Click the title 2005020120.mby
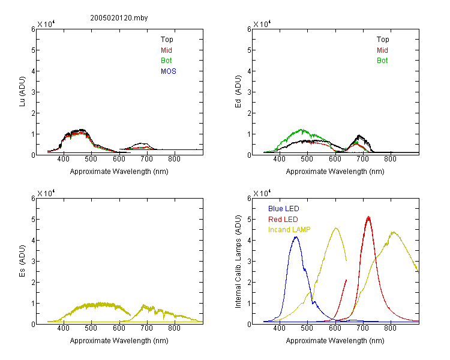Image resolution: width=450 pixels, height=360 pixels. coord(119,18)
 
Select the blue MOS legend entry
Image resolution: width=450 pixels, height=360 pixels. coord(169,71)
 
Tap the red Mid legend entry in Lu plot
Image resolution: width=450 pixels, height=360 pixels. coord(166,50)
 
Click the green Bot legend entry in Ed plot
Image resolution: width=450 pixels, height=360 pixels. coord(382,61)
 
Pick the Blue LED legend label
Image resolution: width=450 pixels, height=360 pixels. coord(284,209)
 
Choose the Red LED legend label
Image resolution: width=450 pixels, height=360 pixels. coord(283,220)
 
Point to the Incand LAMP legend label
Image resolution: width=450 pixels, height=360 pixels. coord(289,230)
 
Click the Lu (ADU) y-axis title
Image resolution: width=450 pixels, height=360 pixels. coord(22,92)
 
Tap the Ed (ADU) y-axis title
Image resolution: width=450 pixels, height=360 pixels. coord(238,92)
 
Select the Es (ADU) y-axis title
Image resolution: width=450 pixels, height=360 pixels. coord(22,260)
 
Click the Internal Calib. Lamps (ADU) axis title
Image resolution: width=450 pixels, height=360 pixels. coord(238,262)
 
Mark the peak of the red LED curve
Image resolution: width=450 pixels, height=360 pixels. coord(368,217)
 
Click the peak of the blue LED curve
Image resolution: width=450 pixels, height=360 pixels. coord(296,237)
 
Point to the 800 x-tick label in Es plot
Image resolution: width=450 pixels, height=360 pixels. coord(174,328)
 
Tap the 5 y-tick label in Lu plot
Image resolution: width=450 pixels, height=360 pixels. coord(33,50)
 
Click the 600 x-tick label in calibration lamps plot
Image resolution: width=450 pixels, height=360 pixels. coord(335,328)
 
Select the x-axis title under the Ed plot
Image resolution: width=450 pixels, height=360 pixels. coord(335,172)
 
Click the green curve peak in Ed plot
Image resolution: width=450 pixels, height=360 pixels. coord(302,130)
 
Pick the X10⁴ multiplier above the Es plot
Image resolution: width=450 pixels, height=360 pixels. coord(46,193)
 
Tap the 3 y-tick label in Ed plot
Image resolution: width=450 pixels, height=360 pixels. coord(249,92)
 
